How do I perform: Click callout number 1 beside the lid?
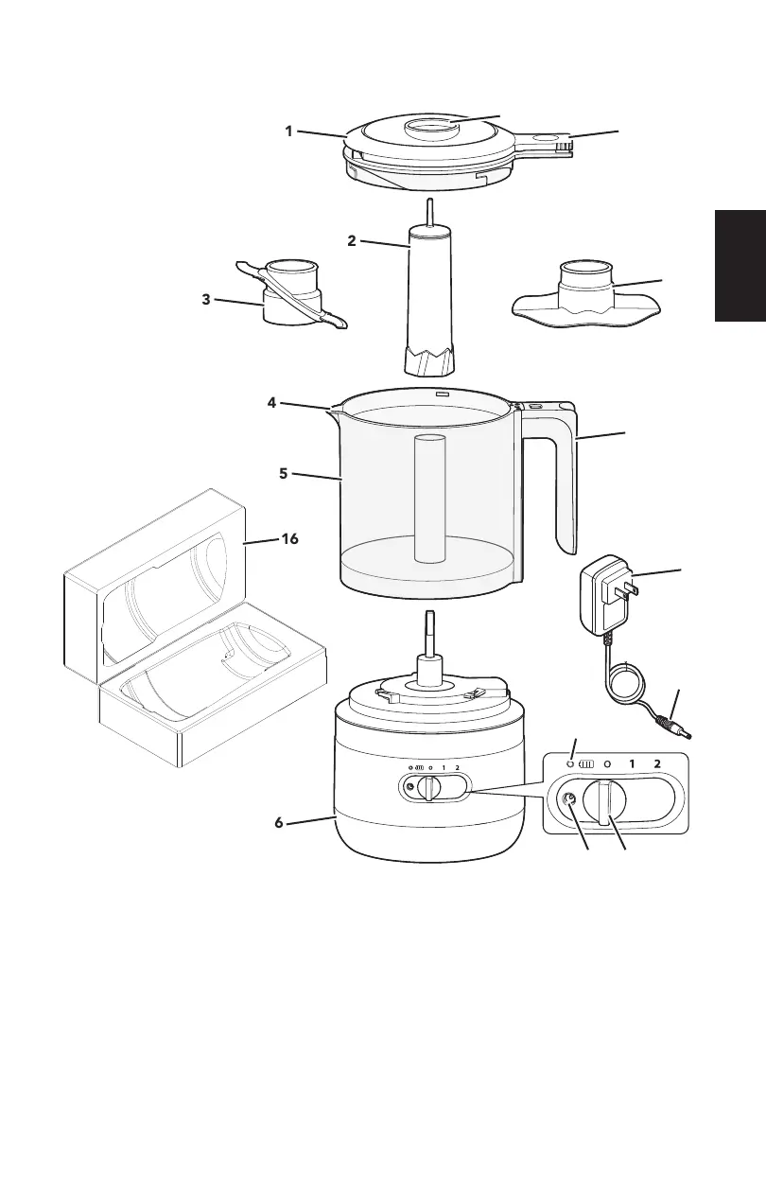[x=289, y=131]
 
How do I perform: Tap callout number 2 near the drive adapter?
[x=352, y=240]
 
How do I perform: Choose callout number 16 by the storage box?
[x=289, y=538]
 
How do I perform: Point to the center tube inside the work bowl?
[x=431, y=497]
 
